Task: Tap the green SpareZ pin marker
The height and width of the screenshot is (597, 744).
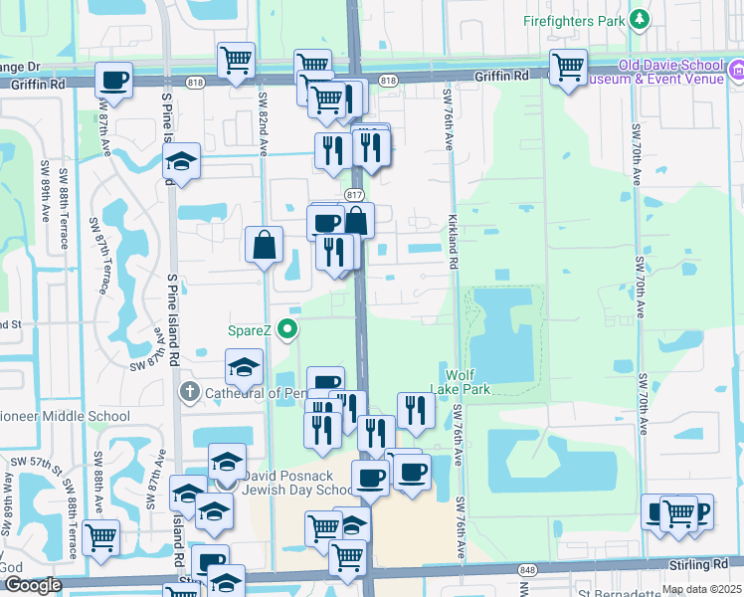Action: pyautogui.click(x=289, y=327)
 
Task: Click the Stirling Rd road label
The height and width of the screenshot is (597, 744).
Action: pyautogui.click(x=707, y=563)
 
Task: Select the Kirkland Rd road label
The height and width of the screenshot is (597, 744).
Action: pyautogui.click(x=453, y=243)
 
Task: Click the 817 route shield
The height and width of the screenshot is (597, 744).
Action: pyautogui.click(x=355, y=194)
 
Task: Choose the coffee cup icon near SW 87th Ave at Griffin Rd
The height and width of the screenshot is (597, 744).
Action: pyautogui.click(x=113, y=80)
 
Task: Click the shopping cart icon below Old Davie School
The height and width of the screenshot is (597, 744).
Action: pyautogui.click(x=568, y=68)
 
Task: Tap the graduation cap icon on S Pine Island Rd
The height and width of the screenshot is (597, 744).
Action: pyautogui.click(x=182, y=161)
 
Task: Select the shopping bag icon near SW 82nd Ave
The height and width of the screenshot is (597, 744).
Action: pyautogui.click(x=265, y=244)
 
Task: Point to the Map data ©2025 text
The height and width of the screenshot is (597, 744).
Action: pyautogui.click(x=700, y=589)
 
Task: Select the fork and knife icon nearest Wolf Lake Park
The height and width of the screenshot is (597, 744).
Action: pyautogui.click(x=416, y=409)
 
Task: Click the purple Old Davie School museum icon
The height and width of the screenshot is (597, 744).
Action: pyautogui.click(x=737, y=70)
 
